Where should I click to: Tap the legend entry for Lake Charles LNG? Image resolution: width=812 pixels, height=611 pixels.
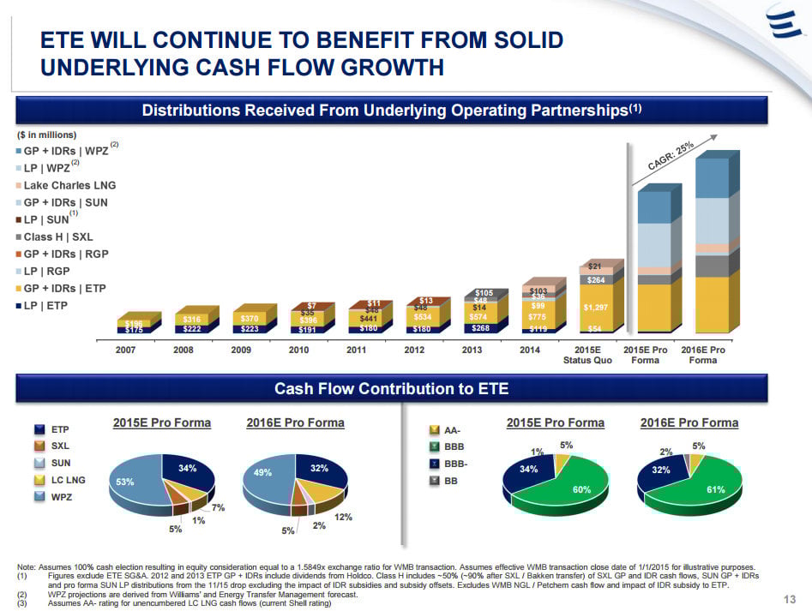click(x=69, y=185)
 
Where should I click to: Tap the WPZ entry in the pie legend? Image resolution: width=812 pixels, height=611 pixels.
click(x=61, y=497)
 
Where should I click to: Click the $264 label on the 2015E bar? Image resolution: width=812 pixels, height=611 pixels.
click(x=596, y=279)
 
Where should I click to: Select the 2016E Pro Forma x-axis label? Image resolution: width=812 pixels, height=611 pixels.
click(x=703, y=355)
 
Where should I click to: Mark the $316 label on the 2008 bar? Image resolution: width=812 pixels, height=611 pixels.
click(x=191, y=319)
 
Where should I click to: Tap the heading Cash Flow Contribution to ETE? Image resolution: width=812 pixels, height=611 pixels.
click(x=391, y=389)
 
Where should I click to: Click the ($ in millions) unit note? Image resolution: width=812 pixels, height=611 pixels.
click(x=46, y=135)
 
